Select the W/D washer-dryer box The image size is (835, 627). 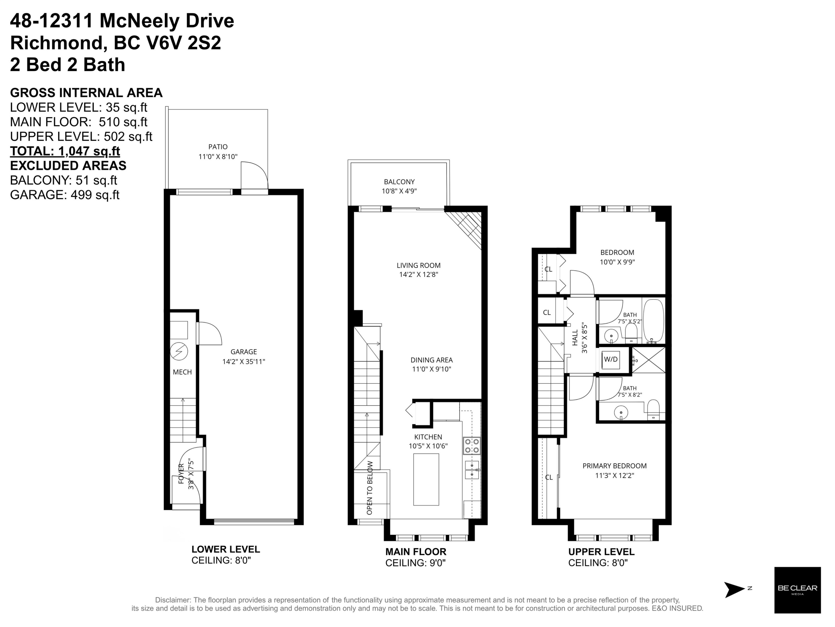610,359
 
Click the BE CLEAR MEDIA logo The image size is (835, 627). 797,590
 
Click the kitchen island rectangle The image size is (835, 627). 426,479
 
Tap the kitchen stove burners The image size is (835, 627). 472,446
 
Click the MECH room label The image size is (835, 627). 182,372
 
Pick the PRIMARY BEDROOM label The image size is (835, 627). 615,466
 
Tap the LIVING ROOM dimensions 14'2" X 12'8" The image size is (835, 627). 419,275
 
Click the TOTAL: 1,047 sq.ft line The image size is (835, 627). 65,151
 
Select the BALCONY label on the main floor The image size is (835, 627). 399,182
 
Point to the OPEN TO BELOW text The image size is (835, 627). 370,488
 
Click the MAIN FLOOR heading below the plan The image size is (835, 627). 416,552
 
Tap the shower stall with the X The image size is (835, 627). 648,360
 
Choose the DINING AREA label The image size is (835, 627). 431,360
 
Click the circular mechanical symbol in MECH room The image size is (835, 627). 179,351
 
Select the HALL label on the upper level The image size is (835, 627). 575,338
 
